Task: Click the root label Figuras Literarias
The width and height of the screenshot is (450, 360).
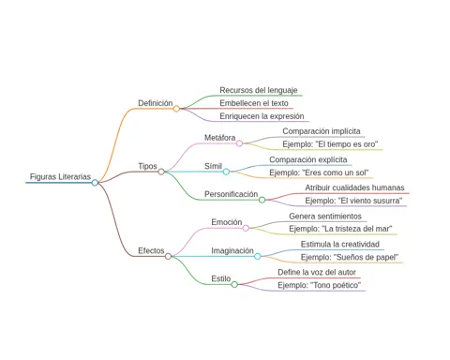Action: (x=60, y=176)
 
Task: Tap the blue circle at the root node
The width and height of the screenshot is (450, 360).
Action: (x=95, y=183)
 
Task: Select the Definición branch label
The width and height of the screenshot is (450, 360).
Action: (x=156, y=103)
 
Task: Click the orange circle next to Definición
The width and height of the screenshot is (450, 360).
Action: (x=176, y=109)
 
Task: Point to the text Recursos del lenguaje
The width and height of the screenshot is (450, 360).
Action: (x=259, y=90)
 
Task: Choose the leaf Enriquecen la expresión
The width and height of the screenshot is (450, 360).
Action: (x=262, y=116)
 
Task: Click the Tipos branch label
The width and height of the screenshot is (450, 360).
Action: (x=147, y=166)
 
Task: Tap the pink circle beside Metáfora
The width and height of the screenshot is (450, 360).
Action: (x=239, y=143)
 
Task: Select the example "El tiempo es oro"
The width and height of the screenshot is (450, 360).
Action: (x=330, y=144)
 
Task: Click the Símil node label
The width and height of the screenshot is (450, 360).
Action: (x=213, y=166)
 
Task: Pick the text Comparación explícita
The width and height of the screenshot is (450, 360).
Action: (x=308, y=159)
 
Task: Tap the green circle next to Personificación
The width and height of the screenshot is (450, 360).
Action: (x=262, y=200)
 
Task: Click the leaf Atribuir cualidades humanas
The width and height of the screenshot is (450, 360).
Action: (x=354, y=187)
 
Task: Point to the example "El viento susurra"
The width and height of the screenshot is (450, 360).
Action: (x=353, y=201)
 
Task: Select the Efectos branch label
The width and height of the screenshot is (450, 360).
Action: (x=151, y=250)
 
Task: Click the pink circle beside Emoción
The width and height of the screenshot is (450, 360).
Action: (x=246, y=228)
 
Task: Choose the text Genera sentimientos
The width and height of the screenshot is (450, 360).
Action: (x=325, y=217)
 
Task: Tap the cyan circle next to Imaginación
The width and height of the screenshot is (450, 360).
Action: (x=258, y=256)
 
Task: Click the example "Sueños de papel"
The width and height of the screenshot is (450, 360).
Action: (x=350, y=257)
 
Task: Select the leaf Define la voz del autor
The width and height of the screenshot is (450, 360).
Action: (x=317, y=272)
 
